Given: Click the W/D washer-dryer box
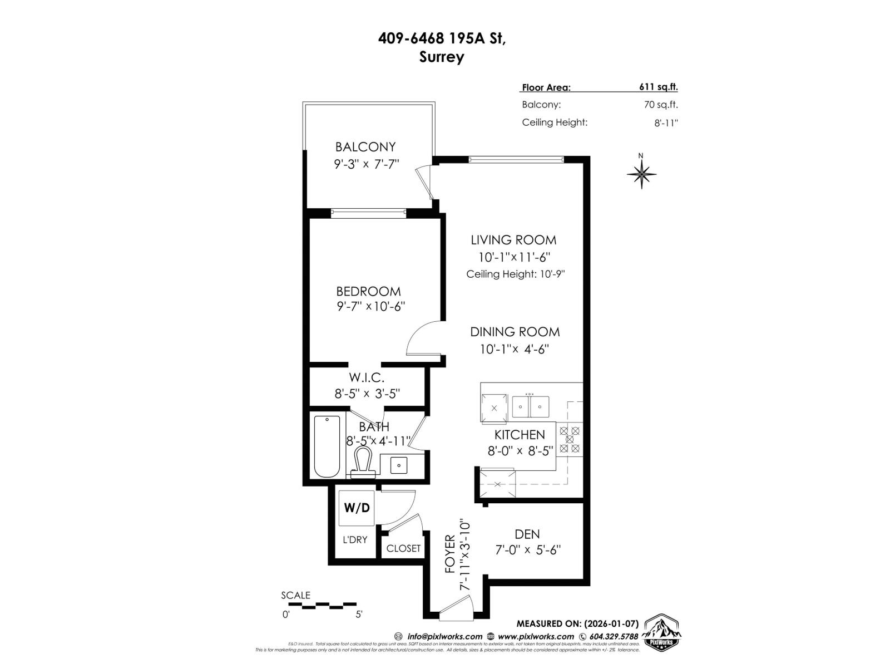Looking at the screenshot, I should [x=357, y=508].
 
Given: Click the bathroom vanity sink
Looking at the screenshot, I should [x=399, y=464].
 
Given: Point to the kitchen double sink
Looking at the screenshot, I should [x=530, y=406].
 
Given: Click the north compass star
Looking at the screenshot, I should [x=641, y=174].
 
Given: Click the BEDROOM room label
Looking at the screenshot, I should [x=368, y=291].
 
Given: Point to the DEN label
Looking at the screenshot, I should [x=527, y=534].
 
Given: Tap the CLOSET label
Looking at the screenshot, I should [x=403, y=548].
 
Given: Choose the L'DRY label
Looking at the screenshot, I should [x=355, y=539].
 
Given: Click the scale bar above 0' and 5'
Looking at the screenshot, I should [x=319, y=603].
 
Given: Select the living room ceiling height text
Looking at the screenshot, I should [x=515, y=274].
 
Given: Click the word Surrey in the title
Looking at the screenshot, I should [x=442, y=57].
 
